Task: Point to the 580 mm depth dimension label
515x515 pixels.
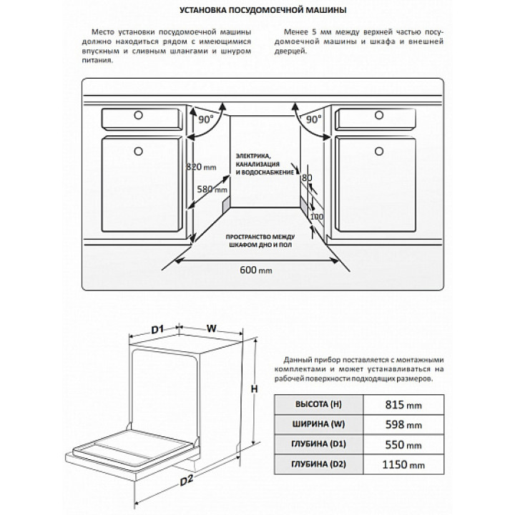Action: (x=212, y=190)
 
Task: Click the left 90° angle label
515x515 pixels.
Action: (x=207, y=120)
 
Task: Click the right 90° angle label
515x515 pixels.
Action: (x=313, y=120)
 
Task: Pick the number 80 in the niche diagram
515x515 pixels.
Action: (x=308, y=177)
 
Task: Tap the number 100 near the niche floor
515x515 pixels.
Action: (x=317, y=216)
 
